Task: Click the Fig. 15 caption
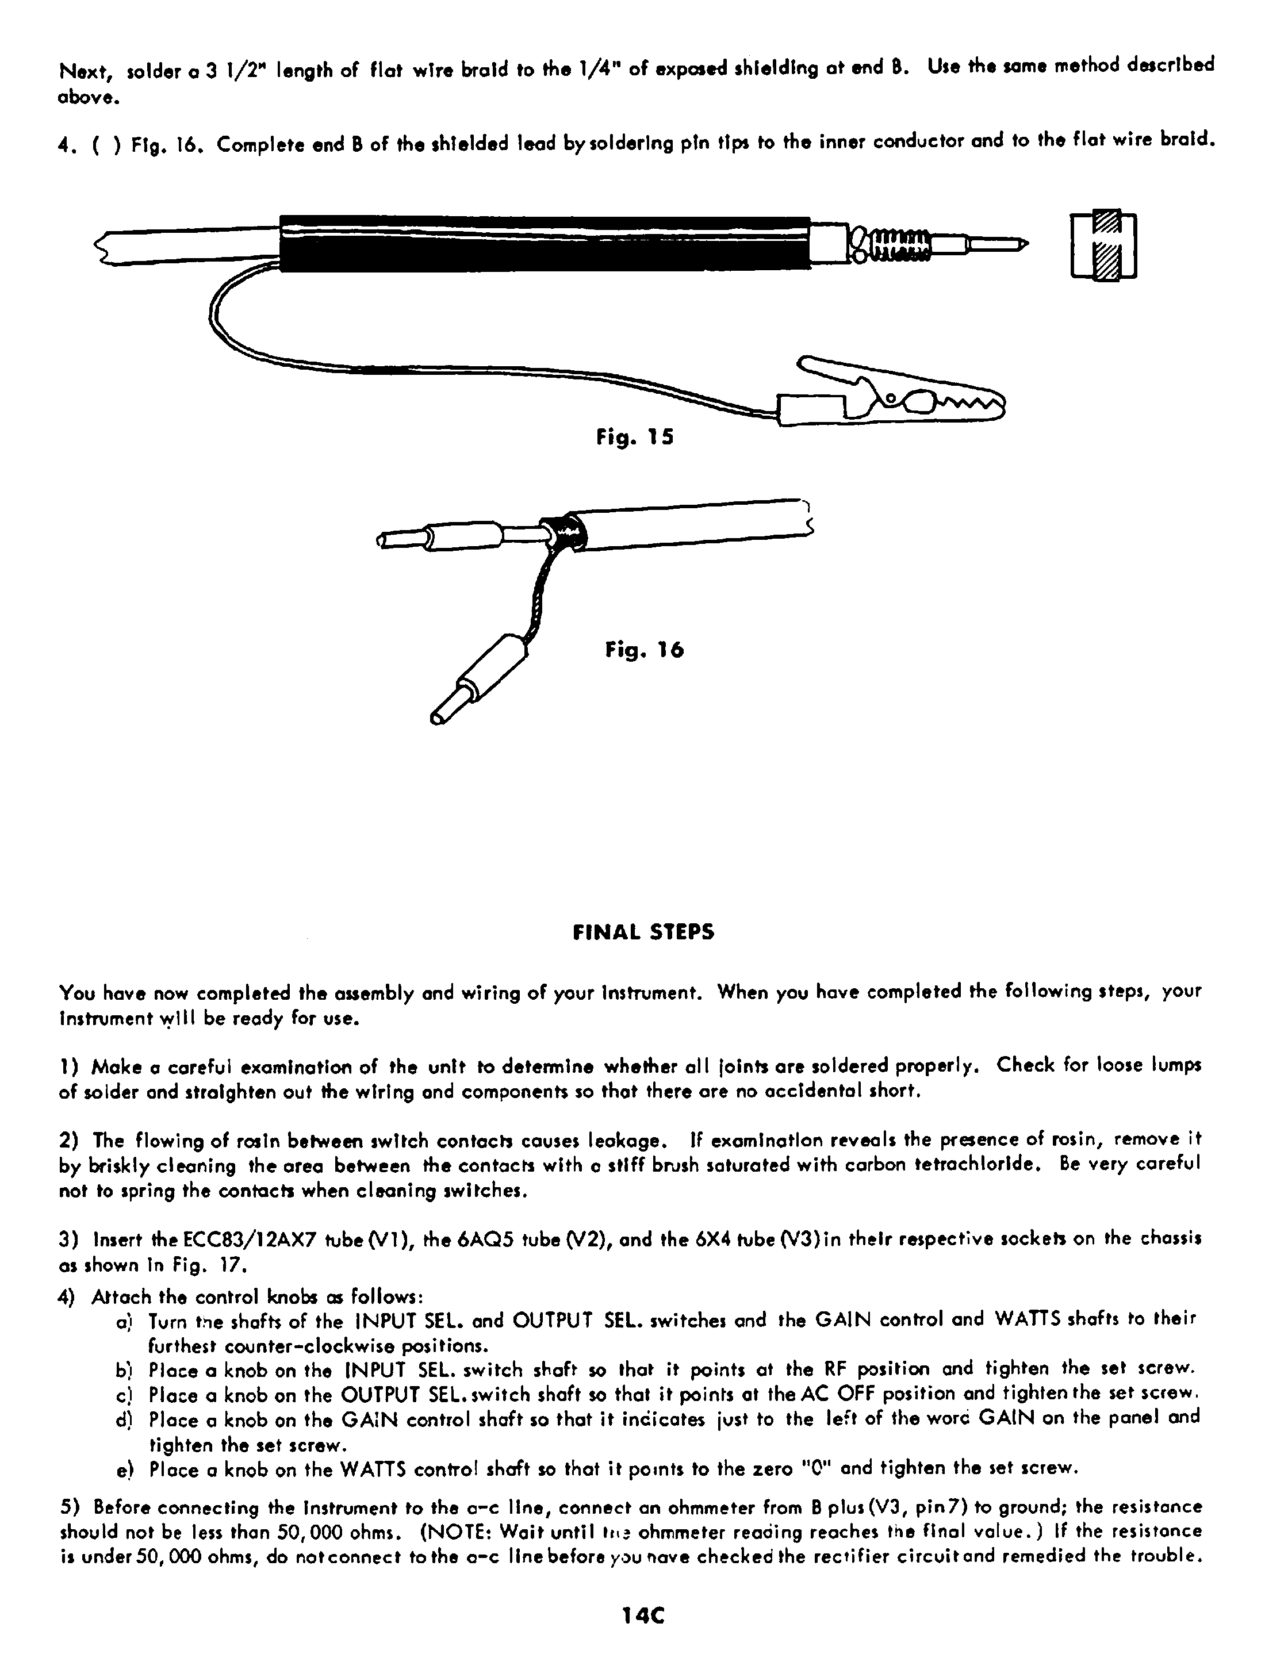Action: tap(635, 438)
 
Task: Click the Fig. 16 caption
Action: tap(644, 650)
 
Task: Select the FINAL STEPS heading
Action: tap(643, 932)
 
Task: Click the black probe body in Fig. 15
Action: tap(544, 243)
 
